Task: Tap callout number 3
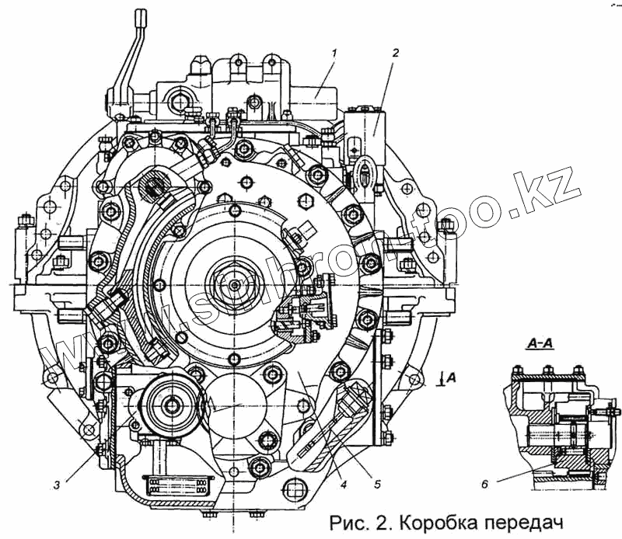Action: [x=58, y=486]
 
